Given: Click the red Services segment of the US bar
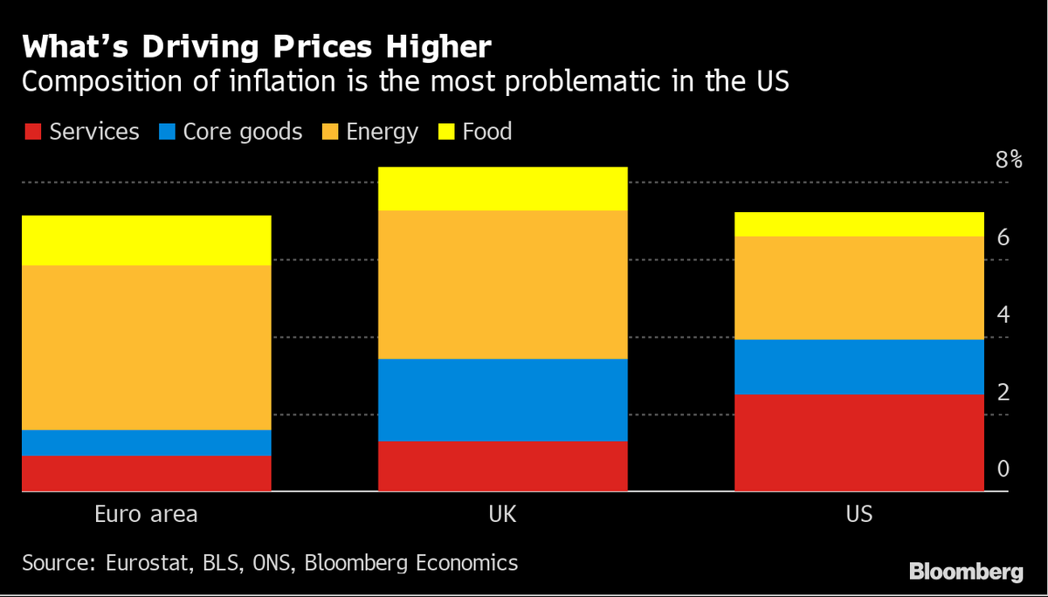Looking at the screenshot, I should pyautogui.click(x=858, y=443).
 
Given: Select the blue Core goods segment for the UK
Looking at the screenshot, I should pyautogui.click(x=502, y=400).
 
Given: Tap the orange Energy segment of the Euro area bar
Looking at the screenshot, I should pyautogui.click(x=146, y=347).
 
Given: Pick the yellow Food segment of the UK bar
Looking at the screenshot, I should pyautogui.click(x=502, y=189).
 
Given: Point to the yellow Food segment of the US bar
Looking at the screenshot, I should pyautogui.click(x=858, y=224).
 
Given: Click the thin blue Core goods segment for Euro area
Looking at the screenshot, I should pyautogui.click(x=146, y=443).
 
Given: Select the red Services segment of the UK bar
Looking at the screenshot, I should pyautogui.click(x=502, y=466).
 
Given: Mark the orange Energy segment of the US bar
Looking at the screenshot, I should pyautogui.click(x=858, y=288).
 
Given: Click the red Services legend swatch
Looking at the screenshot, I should pyautogui.click(x=31, y=133).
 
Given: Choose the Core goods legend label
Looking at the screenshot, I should pyautogui.click(x=242, y=132).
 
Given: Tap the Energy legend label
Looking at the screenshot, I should pyautogui.click(x=382, y=132).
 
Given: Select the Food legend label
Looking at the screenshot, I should pyautogui.click(x=486, y=132).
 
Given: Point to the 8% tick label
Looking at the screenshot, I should pyautogui.click(x=1008, y=160).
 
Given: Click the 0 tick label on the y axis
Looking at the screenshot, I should pyautogui.click(x=1003, y=470).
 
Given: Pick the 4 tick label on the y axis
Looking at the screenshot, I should pyautogui.click(x=1003, y=314).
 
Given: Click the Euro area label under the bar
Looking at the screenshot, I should pyautogui.click(x=146, y=514).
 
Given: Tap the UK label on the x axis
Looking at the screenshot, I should pyautogui.click(x=502, y=514).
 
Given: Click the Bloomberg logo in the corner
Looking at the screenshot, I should pyautogui.click(x=966, y=572).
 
